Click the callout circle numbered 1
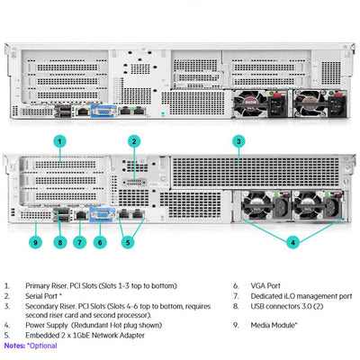pos(59,141)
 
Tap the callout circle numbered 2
pos(133,141)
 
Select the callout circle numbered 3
pos(238,141)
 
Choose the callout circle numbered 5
pos(128,241)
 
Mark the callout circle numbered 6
pos(101,241)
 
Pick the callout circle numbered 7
pos(79,241)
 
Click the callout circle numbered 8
pos(59,241)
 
